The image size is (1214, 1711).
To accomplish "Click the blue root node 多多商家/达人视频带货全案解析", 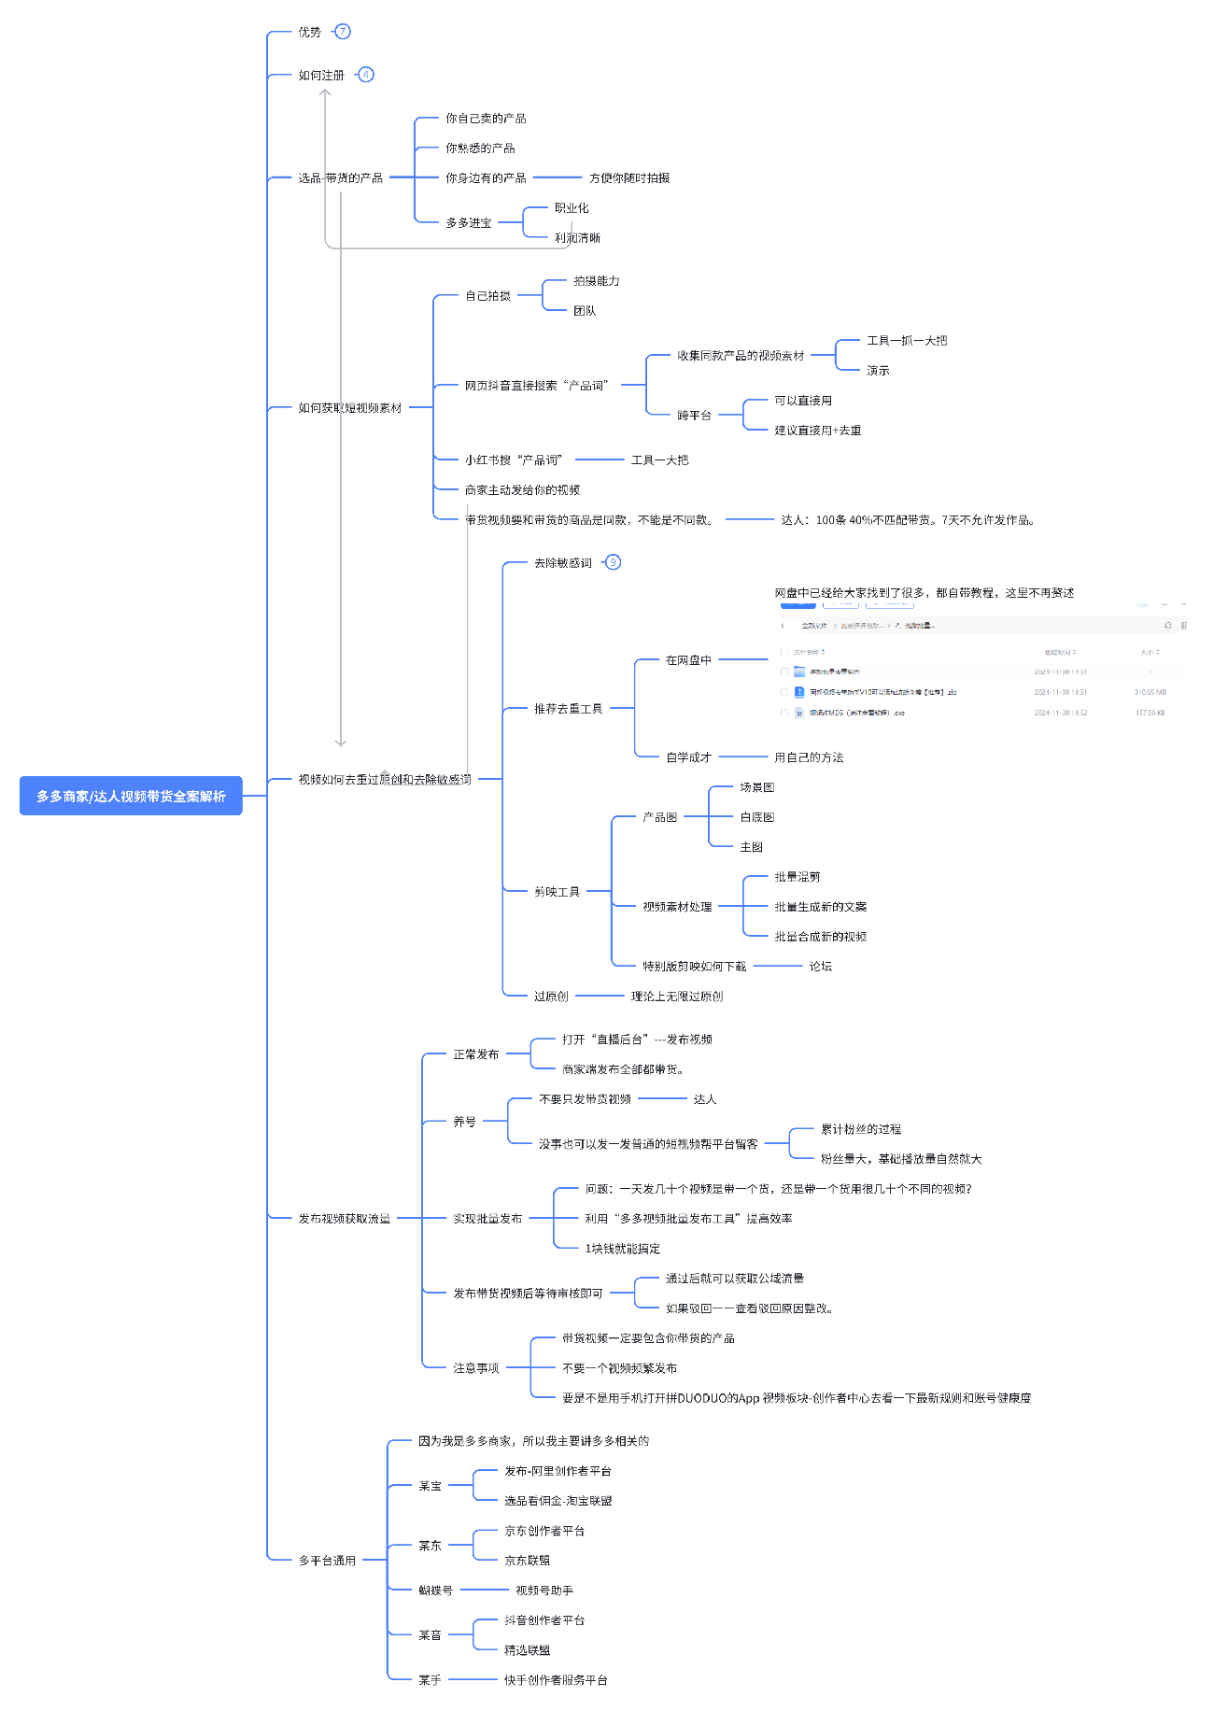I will [x=131, y=796].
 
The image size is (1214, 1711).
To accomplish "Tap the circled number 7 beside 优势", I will [x=343, y=32].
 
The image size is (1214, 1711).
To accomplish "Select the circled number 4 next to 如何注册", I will [x=366, y=75].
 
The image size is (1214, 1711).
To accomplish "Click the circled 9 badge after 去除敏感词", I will [x=613, y=562].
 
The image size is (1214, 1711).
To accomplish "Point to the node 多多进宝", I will [x=468, y=223].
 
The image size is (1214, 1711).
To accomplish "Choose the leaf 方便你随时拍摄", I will [x=628, y=178].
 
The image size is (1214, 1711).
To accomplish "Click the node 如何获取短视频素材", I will [x=349, y=408].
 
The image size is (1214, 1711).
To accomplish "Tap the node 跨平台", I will [x=694, y=416].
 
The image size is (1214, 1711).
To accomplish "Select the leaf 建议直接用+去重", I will [x=817, y=431].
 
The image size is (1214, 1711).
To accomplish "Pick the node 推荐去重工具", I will [x=568, y=709].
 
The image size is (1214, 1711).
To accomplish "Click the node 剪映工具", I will [x=557, y=892].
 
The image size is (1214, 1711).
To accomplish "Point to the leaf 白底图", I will [x=756, y=817].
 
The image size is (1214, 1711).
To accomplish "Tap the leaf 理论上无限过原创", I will [x=676, y=997].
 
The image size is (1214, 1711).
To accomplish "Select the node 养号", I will [x=464, y=1122].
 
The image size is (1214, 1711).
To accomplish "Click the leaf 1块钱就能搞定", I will [x=622, y=1249].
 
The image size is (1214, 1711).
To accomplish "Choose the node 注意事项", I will [x=475, y=1368].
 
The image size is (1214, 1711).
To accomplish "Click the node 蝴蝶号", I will [x=435, y=1591].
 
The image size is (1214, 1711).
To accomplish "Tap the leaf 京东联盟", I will [x=527, y=1561].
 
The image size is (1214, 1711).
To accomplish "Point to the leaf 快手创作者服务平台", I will [x=556, y=1680].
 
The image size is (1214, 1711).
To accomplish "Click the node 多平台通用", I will [x=327, y=1561].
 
